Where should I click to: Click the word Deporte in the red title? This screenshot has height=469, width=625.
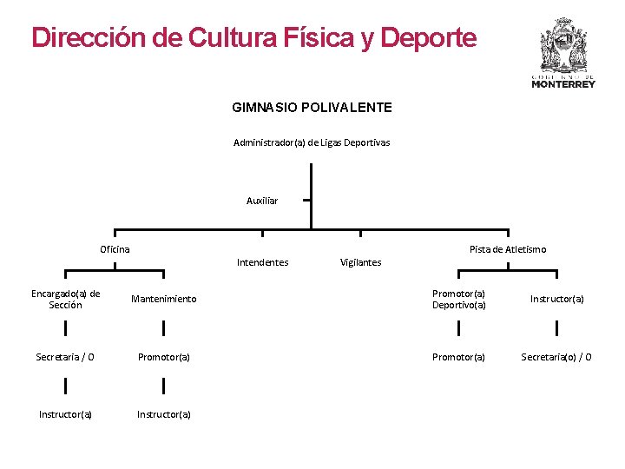[428, 38]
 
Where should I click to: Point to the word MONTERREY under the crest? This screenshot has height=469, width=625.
[563, 84]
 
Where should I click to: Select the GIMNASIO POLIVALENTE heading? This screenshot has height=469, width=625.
[312, 108]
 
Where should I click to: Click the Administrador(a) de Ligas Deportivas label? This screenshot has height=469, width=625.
[312, 142]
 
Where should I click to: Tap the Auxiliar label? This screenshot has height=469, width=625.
[262, 201]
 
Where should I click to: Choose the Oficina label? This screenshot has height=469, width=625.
[115, 249]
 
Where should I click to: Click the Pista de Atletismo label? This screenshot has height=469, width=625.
[508, 249]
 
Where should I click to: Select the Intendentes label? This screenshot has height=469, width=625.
[262, 262]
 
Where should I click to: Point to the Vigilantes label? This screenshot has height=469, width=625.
[360, 262]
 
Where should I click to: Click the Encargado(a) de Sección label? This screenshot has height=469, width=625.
[66, 299]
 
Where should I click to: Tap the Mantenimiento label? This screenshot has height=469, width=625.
[163, 299]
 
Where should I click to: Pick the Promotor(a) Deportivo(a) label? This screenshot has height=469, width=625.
[458, 299]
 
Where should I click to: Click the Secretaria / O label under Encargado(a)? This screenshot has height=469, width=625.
[65, 356]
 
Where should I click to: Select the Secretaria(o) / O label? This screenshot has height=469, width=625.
[556, 356]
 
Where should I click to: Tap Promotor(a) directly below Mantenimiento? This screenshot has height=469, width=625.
[163, 356]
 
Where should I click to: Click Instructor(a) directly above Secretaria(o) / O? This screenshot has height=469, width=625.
[556, 299]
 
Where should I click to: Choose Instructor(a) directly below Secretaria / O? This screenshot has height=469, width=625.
[65, 414]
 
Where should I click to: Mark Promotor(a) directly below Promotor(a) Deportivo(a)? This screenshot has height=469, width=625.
[458, 356]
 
